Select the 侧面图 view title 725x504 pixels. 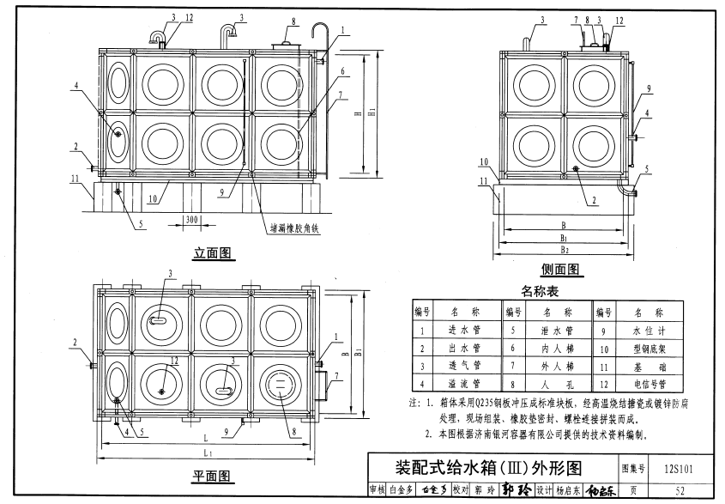point(560,270)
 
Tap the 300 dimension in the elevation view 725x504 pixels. point(191,221)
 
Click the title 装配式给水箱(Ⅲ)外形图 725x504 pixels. point(487,469)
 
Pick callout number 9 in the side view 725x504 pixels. point(649,88)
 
